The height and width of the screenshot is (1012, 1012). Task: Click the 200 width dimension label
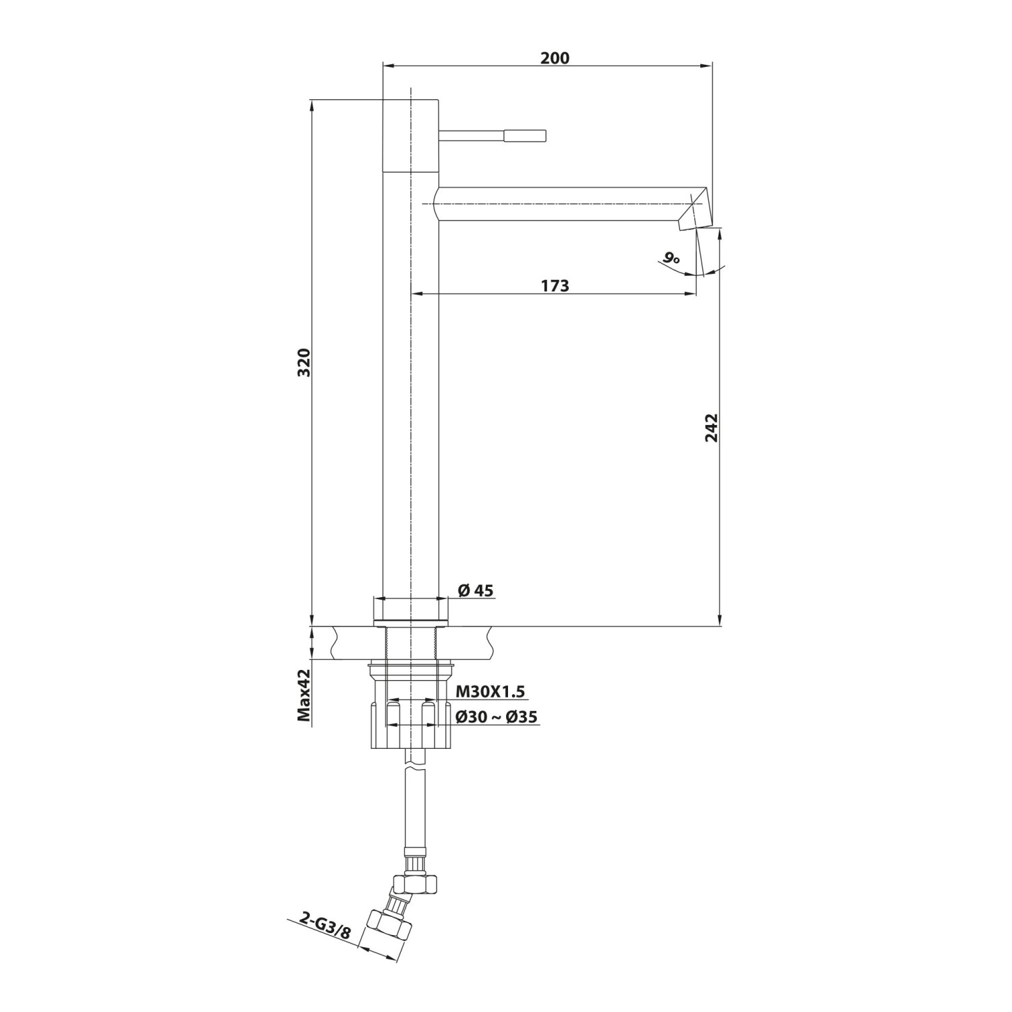pyautogui.click(x=555, y=58)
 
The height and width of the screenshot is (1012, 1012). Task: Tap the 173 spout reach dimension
pyautogui.click(x=555, y=286)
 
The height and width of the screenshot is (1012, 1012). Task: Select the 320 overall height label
pyautogui.click(x=304, y=362)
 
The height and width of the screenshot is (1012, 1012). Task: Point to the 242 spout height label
pyautogui.click(x=711, y=428)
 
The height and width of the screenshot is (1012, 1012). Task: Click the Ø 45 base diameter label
pyautogui.click(x=476, y=591)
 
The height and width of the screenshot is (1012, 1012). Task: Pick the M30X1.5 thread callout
pyautogui.click(x=490, y=692)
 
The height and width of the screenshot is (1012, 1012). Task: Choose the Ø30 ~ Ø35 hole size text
pyautogui.click(x=497, y=716)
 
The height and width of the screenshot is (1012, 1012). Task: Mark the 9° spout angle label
pyautogui.click(x=670, y=257)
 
